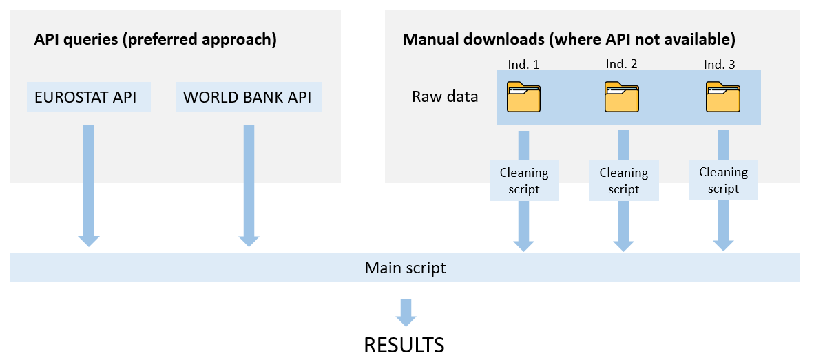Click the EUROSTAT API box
click(89, 96)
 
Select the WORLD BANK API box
click(249, 96)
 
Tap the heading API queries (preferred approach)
click(155, 40)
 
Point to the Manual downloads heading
click(569, 40)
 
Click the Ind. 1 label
click(524, 64)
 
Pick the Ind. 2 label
click(621, 63)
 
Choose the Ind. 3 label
click(720, 64)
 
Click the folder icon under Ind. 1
click(523, 97)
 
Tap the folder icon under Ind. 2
click(621, 97)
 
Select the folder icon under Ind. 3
click(722, 97)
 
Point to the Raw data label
click(445, 97)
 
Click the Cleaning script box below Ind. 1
click(524, 180)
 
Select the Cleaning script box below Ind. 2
click(623, 180)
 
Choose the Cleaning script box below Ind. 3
click(723, 180)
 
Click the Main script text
click(405, 268)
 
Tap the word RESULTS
click(404, 345)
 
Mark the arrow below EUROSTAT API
click(89, 186)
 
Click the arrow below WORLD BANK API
click(249, 186)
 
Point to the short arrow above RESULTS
click(406, 313)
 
